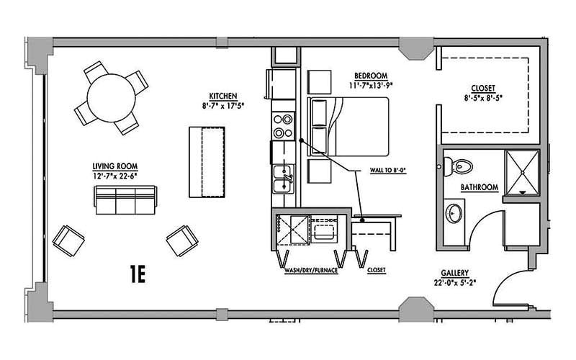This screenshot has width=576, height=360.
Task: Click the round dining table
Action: click(x=111, y=98)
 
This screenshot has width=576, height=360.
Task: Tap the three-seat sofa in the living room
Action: click(x=125, y=199)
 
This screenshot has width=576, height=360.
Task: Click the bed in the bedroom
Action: click(x=348, y=127)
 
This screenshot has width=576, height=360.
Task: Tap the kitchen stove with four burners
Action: click(x=283, y=127)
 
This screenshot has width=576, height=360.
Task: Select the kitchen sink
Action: click(x=283, y=178)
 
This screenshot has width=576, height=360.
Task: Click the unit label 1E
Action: click(x=138, y=274)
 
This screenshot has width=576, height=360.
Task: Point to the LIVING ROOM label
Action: click(x=114, y=165)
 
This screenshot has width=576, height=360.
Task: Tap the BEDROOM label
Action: click(x=371, y=75)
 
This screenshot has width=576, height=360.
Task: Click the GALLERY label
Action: click(x=456, y=274)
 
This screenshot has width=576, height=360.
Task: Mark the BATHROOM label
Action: click(x=480, y=188)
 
